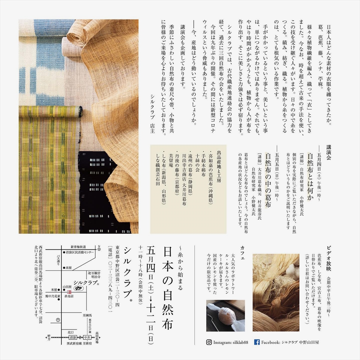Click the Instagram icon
pos(209,342)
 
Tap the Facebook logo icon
pos(257,342)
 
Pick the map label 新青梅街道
pos(78,247)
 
